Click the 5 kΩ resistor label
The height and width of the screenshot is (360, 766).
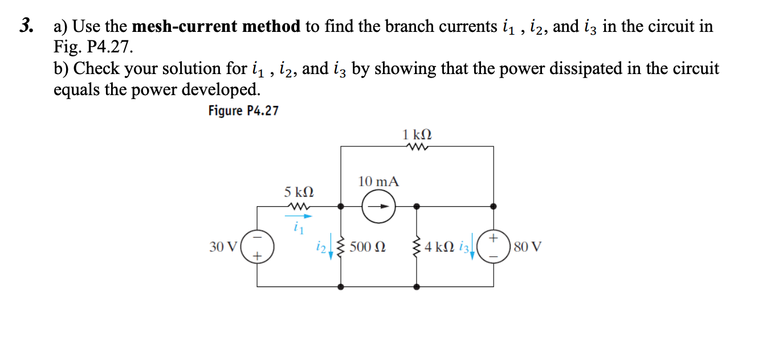(x=299, y=192)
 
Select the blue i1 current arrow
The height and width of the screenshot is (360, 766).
(x=299, y=216)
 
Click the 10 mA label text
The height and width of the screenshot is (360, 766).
(x=378, y=182)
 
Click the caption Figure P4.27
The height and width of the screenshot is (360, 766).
(x=243, y=111)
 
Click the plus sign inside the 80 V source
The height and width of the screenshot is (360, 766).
(x=494, y=235)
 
